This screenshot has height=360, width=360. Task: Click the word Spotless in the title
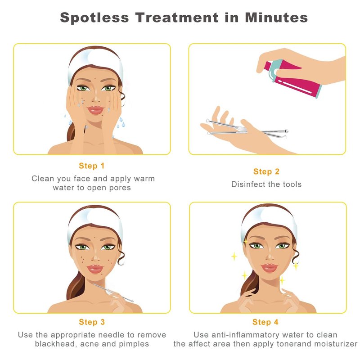94,18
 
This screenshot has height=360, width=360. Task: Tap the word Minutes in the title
276,18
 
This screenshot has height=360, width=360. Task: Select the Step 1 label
92,166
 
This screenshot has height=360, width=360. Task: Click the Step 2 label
266,171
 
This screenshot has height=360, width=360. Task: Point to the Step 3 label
92,322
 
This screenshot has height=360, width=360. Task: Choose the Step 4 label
265,322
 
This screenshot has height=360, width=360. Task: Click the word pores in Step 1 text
120,188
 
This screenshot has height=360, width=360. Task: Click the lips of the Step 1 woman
95,110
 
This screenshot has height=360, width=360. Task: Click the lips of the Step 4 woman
269,268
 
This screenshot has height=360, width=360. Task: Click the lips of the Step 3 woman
95,269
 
